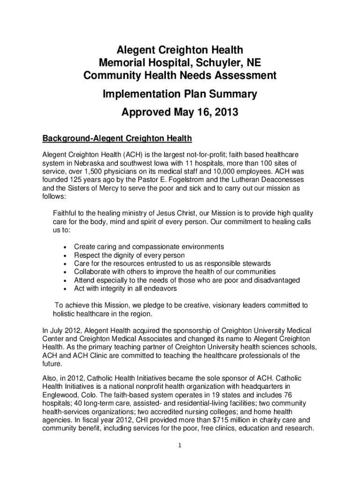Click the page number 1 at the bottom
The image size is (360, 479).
[180, 445]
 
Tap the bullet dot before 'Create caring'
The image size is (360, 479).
[64, 247]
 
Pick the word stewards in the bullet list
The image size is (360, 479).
[256, 263]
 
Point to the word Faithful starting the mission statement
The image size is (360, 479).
[66, 213]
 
